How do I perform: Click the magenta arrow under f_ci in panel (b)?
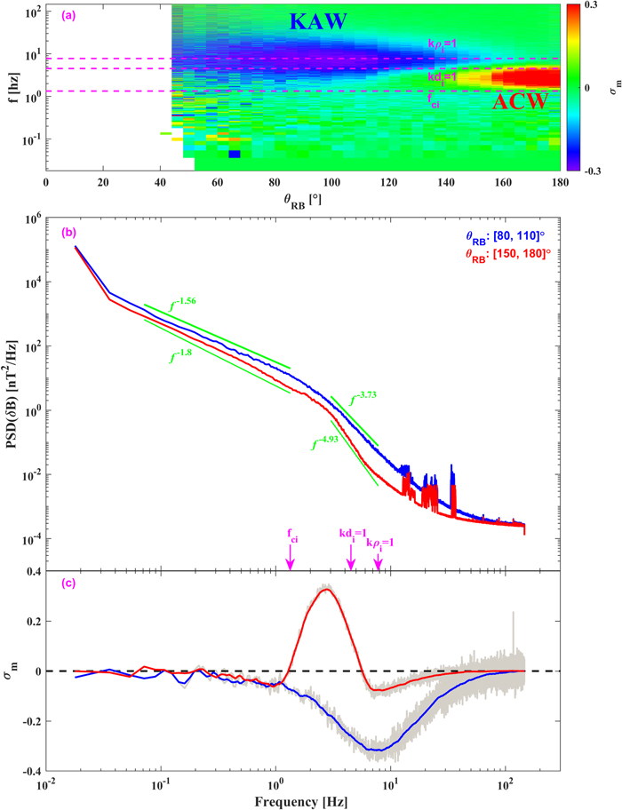click(289, 556)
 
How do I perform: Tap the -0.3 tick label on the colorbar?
click(594, 170)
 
